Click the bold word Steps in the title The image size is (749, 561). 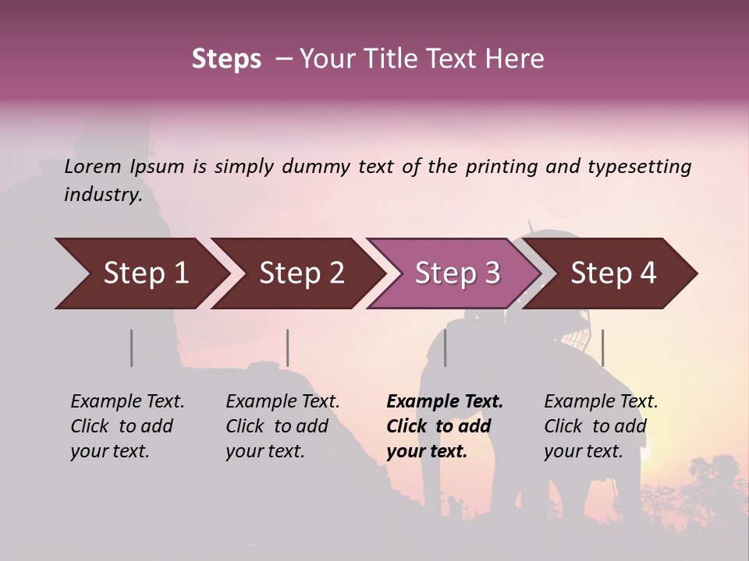pyautogui.click(x=226, y=59)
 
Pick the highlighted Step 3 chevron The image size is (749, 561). pyautogui.click(x=457, y=273)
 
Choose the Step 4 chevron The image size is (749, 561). pyautogui.click(x=613, y=273)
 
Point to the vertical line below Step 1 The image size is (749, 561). pyautogui.click(x=132, y=348)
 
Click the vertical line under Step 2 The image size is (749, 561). pyautogui.click(x=288, y=348)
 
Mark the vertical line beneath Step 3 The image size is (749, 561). pyautogui.click(x=445, y=348)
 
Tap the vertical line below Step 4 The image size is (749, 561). pyautogui.click(x=602, y=348)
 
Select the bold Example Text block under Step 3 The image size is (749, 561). pyautogui.click(x=445, y=426)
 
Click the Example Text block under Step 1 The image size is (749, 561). pyautogui.click(x=127, y=426)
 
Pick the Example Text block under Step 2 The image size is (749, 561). pyautogui.click(x=282, y=426)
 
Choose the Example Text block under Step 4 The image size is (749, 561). pyautogui.click(x=601, y=426)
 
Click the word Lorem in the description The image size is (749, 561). pyautogui.click(x=93, y=167)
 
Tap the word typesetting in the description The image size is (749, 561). pyautogui.click(x=640, y=167)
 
